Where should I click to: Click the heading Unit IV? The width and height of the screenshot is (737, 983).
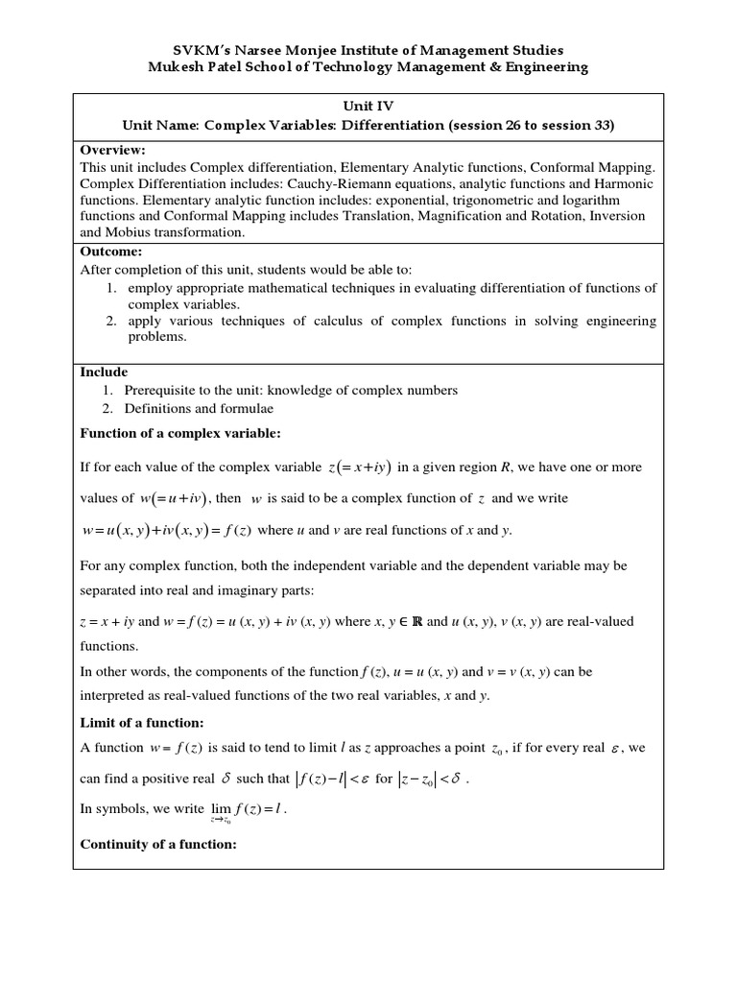(368, 108)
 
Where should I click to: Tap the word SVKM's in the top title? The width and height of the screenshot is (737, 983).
(203, 50)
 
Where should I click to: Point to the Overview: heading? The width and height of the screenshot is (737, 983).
(112, 150)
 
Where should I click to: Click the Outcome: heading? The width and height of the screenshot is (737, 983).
(111, 252)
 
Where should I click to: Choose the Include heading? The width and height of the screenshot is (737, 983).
(104, 372)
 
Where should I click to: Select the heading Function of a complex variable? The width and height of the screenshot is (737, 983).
(180, 434)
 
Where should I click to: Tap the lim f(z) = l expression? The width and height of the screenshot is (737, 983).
(248, 812)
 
